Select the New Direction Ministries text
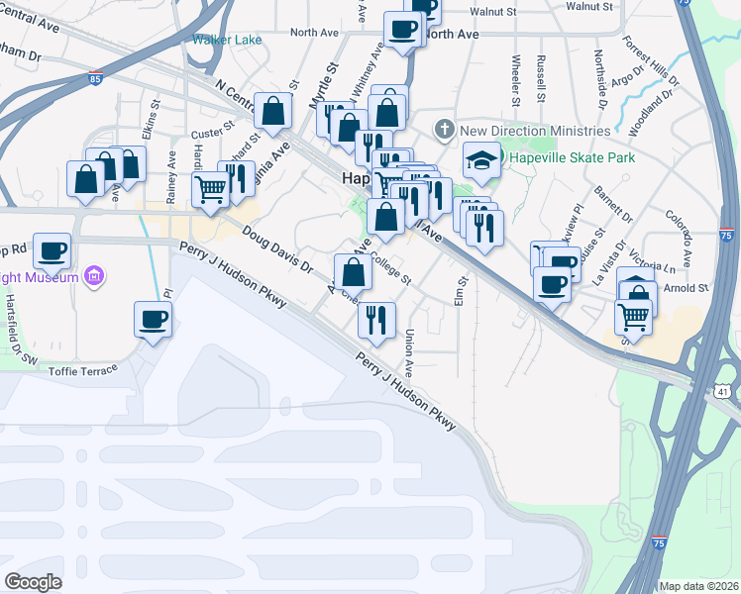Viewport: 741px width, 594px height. pyautogui.click(x=535, y=131)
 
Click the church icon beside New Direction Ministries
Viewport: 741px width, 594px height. pyautogui.click(x=445, y=131)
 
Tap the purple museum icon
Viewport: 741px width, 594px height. pyautogui.click(x=94, y=276)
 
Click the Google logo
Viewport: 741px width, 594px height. pyautogui.click(x=33, y=581)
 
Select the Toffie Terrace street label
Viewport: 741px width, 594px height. pyautogui.click(x=83, y=371)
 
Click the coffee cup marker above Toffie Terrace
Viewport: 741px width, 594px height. pyautogui.click(x=153, y=320)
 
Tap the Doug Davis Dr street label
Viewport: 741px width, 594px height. pyautogui.click(x=277, y=250)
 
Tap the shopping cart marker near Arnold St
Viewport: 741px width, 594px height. pyautogui.click(x=633, y=317)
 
